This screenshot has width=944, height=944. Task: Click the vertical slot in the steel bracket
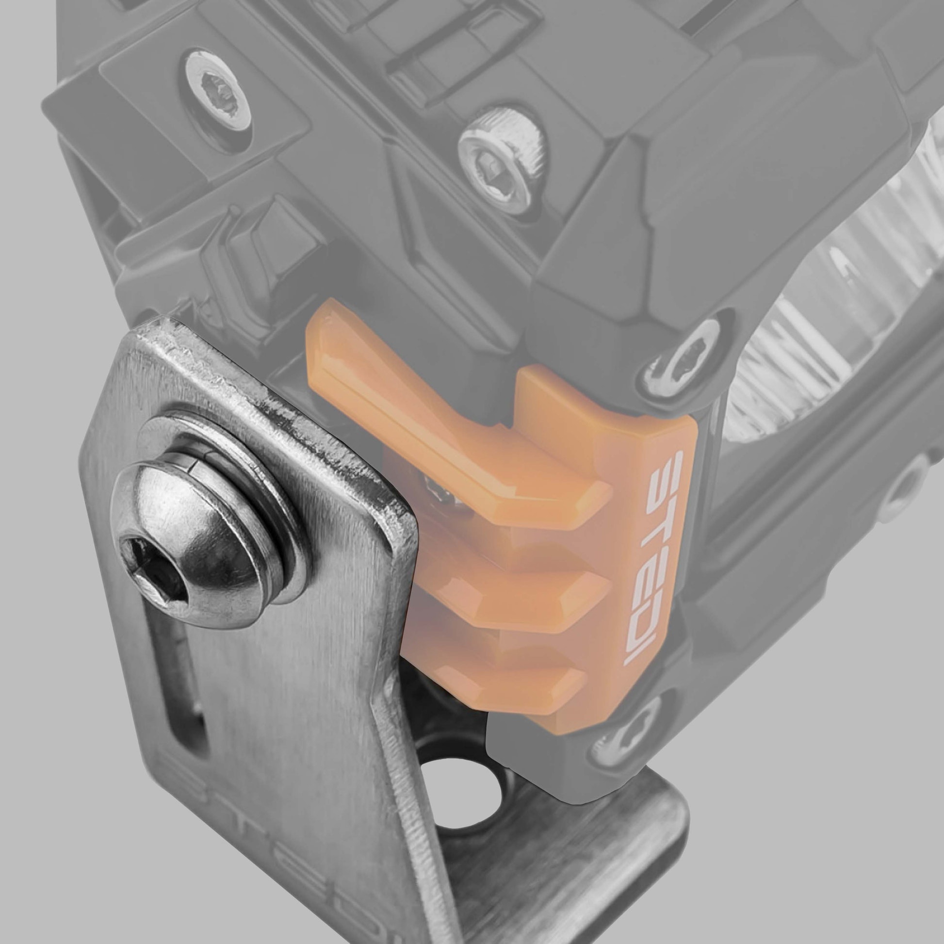tap(188, 689)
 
